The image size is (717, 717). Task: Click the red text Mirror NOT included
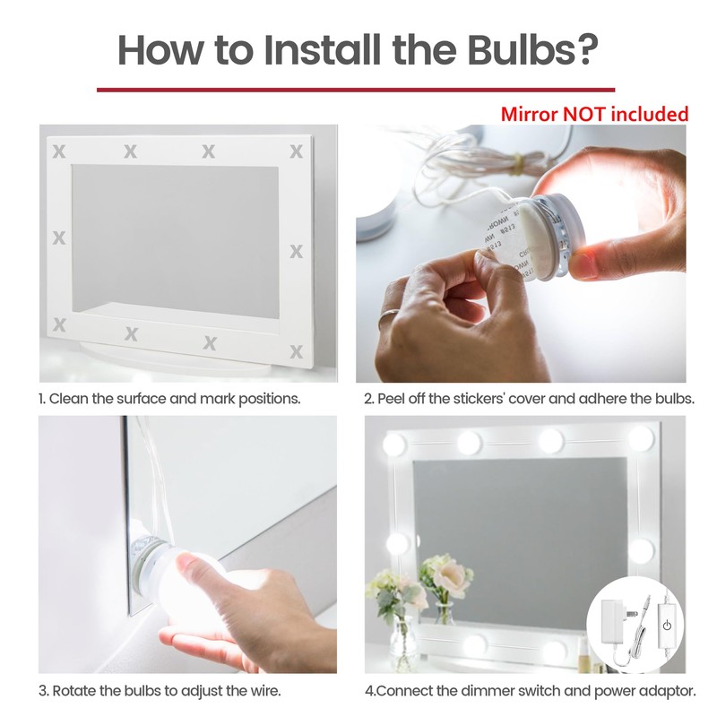tap(594, 114)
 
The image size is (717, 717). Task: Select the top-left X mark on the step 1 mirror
tap(60, 151)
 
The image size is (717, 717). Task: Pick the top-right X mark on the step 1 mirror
tap(296, 151)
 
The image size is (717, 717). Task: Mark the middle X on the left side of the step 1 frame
tap(60, 238)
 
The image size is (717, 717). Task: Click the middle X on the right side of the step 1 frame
tap(296, 252)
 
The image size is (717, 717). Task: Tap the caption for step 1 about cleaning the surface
tap(169, 398)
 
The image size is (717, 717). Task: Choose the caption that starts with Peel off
tap(529, 398)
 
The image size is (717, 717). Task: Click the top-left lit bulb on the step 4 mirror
tap(394, 445)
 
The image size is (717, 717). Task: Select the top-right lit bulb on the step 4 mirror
tap(641, 438)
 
